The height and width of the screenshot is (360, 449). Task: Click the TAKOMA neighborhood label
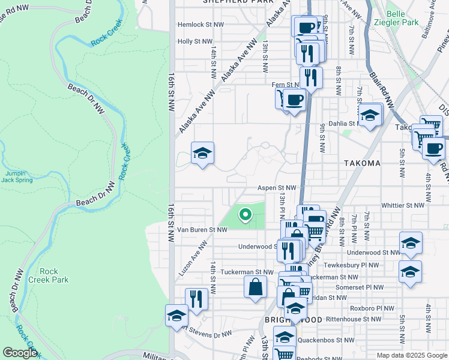(x=363, y=163)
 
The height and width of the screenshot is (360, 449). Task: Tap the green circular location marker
(x=245, y=214)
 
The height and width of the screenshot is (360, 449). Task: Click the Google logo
(x=20, y=353)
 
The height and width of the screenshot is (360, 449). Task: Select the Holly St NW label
(x=195, y=41)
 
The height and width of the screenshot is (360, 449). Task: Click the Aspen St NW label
(x=277, y=188)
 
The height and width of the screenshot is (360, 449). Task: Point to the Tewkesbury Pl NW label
(x=352, y=265)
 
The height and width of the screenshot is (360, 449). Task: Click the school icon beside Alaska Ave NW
(x=203, y=154)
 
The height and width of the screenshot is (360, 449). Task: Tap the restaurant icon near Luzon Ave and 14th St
(x=196, y=298)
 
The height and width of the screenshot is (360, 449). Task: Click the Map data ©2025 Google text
(x=412, y=355)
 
